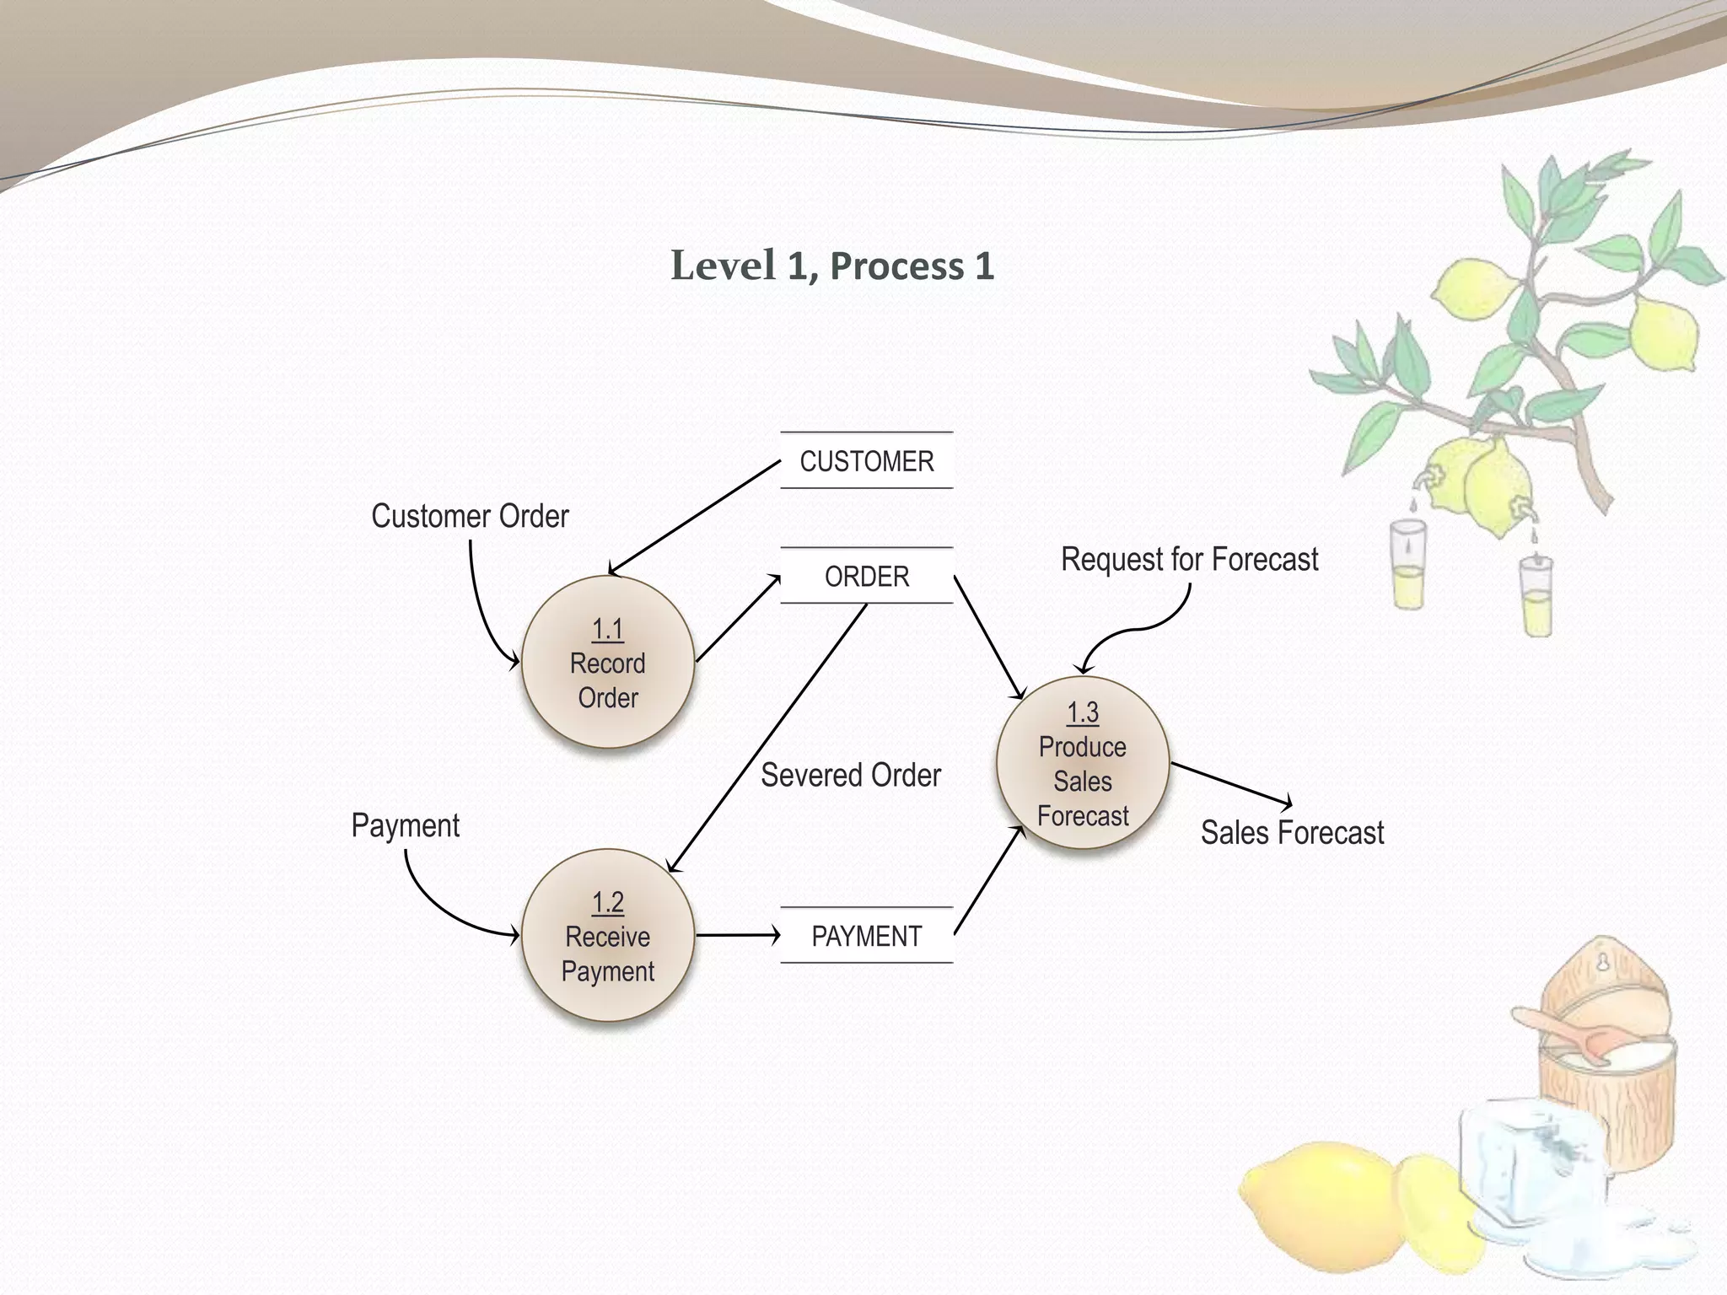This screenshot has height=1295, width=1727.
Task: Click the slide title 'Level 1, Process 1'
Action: click(832, 266)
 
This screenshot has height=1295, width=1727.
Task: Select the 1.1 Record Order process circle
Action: click(608, 663)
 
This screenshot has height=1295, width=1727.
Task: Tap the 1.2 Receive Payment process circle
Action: click(608, 936)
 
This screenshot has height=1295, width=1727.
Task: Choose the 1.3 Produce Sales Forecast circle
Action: click(1083, 764)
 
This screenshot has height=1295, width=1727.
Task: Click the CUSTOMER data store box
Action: click(867, 461)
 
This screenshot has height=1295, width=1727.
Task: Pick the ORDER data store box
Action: click(867, 577)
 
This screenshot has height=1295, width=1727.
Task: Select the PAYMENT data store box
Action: click(867, 936)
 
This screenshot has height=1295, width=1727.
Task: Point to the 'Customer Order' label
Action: click(470, 516)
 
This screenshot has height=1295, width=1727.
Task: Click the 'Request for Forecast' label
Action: click(1189, 559)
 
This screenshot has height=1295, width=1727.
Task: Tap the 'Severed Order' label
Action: click(850, 775)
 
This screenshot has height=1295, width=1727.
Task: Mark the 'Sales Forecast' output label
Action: click(1292, 833)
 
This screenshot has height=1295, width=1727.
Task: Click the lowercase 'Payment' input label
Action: click(405, 825)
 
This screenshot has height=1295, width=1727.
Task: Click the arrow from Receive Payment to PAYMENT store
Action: click(737, 935)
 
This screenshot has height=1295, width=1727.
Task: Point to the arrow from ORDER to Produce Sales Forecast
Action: click(988, 637)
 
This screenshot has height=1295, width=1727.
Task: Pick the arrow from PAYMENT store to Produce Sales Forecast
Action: click(988, 881)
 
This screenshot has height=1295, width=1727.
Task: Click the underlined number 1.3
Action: click(1083, 713)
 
